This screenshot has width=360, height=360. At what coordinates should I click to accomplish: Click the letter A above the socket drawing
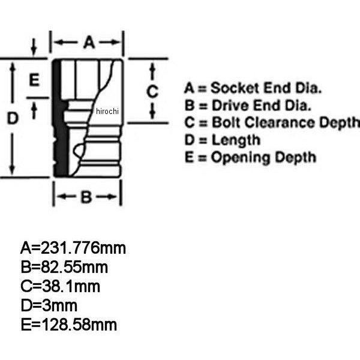point(88,42)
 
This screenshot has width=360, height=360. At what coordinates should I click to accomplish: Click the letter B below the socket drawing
point(86,197)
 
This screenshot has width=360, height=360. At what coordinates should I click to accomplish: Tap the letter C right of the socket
point(153,91)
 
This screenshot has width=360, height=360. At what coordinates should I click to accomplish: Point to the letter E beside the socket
point(34,80)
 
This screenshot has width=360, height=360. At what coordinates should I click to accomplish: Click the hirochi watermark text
point(109,112)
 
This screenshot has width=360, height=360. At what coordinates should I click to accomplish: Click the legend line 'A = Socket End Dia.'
point(253,89)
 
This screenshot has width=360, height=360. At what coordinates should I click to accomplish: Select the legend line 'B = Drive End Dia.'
point(248,106)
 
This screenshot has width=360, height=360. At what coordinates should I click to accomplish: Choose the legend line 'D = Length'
point(222,140)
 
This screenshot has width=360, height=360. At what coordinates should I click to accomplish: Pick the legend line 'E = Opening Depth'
point(250,158)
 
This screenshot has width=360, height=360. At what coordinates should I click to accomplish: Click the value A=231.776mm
point(73,248)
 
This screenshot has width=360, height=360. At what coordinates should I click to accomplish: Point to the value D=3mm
point(51,306)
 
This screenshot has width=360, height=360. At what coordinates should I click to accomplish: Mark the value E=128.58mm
point(68,326)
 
